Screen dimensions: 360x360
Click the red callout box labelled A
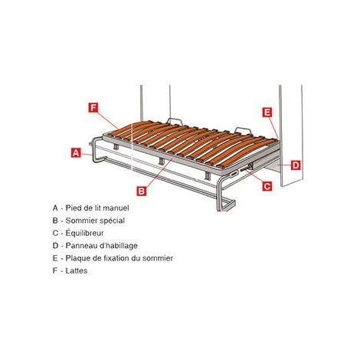point(76,152)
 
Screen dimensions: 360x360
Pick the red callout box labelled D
point(295,164)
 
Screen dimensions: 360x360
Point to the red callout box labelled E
point(267,113)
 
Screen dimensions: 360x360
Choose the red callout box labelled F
point(93,108)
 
